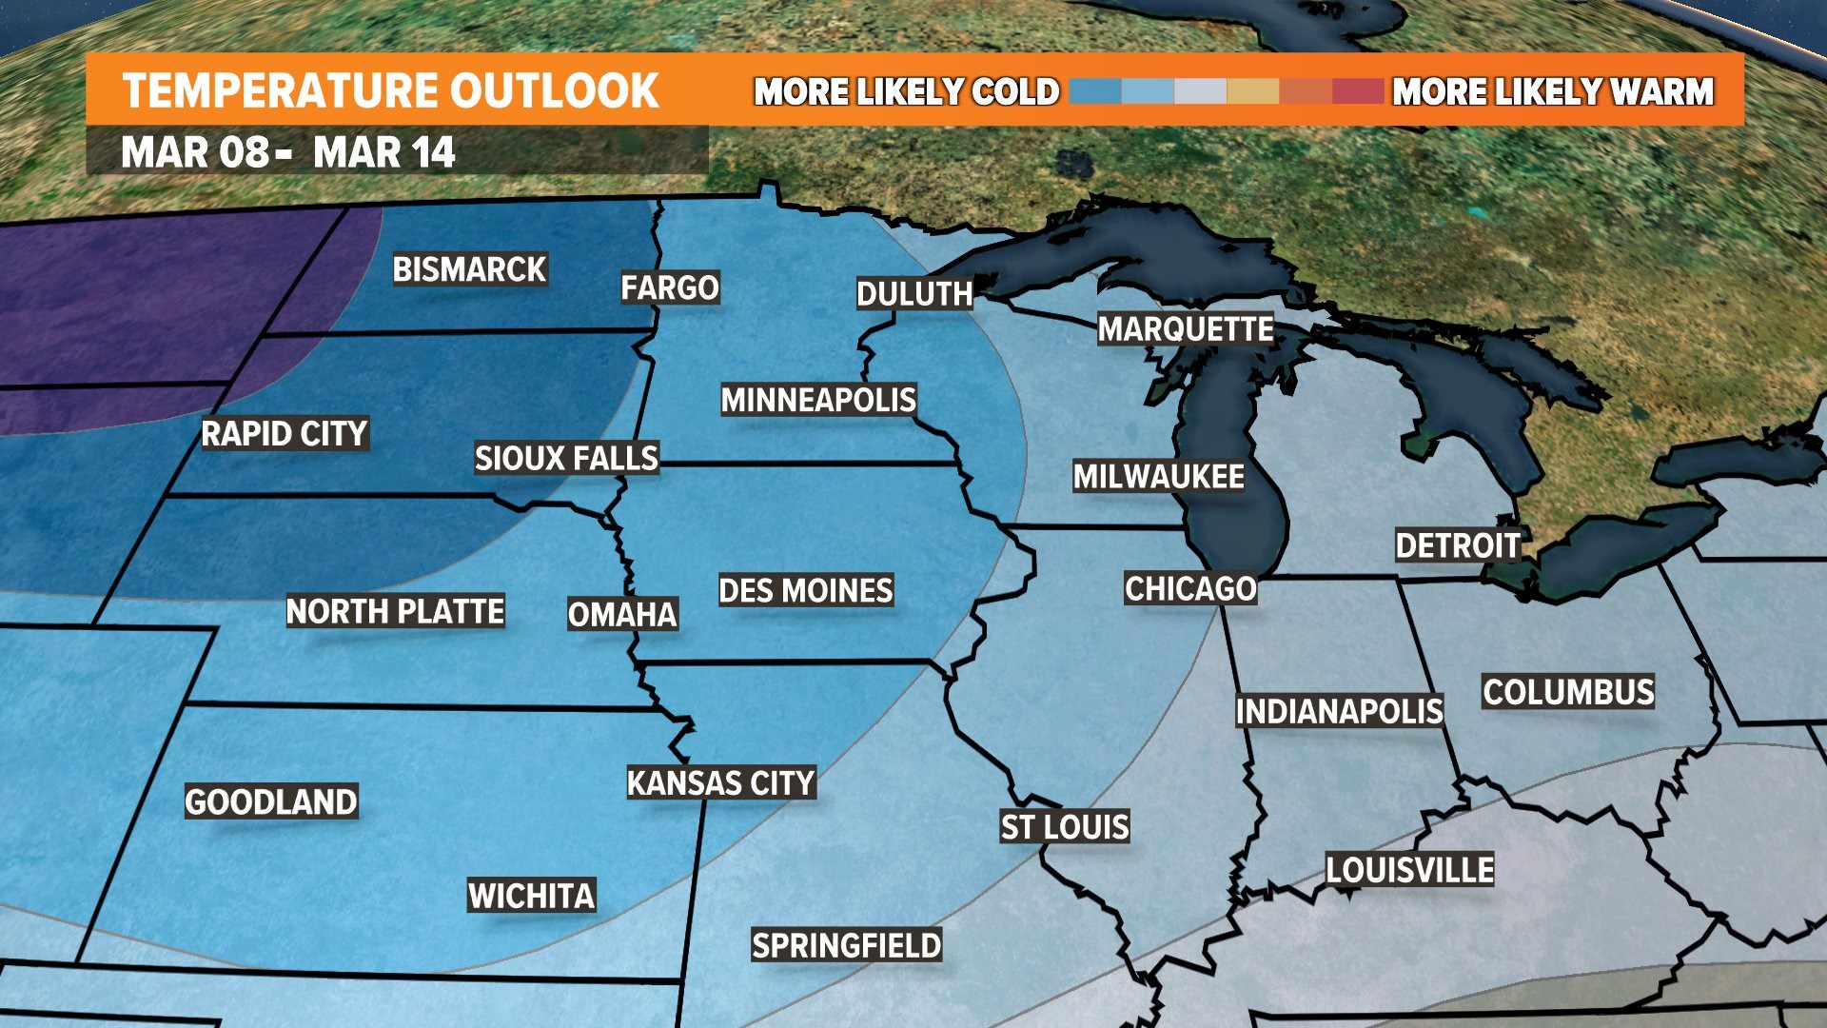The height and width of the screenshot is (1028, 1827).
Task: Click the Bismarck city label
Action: point(469,269)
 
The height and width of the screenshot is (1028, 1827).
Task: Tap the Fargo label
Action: point(670,287)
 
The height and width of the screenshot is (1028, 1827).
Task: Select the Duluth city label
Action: point(914,294)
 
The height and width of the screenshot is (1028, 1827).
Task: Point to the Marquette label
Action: point(1186,329)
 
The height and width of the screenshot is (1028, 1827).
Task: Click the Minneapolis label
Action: point(818,400)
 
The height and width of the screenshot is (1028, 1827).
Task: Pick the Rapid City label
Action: point(285,434)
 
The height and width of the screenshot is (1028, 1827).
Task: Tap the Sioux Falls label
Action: point(566,459)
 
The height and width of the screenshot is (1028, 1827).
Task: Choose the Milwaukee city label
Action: point(1158,477)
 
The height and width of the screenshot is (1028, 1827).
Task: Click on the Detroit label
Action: point(1458,545)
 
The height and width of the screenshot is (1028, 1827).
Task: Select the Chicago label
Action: point(1190,588)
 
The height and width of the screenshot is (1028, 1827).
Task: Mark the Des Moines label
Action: point(805,590)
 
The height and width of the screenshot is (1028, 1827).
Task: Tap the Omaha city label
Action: point(622,615)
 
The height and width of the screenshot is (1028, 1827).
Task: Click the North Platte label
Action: point(395,611)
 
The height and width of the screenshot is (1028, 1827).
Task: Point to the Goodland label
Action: point(271,802)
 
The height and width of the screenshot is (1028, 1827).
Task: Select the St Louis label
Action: point(1065,827)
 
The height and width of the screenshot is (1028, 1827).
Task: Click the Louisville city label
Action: point(1409,870)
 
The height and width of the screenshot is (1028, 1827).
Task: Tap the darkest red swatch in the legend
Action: point(1358,91)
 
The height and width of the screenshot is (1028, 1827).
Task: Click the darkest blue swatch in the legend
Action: point(1095,91)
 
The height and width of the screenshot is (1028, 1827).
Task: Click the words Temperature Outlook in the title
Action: point(390,91)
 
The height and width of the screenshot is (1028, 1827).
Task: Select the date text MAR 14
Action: point(384,153)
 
